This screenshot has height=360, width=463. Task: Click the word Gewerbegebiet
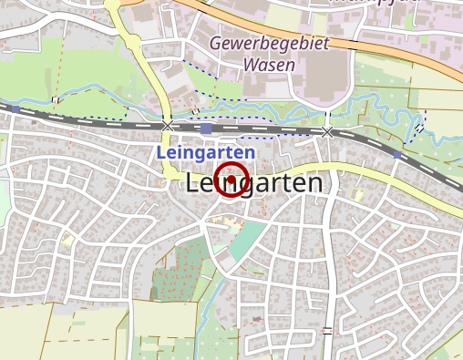[268, 44]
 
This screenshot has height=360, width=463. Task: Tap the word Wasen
[269, 66]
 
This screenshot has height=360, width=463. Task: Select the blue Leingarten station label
[205, 152]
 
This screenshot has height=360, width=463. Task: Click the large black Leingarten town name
[253, 184]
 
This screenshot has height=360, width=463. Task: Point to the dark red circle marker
[231, 180]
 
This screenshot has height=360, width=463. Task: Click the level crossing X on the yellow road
[168, 124]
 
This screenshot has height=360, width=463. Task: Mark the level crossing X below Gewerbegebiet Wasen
[326, 133]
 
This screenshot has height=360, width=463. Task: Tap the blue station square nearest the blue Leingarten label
[206, 129]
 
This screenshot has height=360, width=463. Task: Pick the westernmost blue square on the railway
[15, 109]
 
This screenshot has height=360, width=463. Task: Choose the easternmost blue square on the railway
[396, 156]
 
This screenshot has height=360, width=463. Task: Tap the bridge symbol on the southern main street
[327, 330]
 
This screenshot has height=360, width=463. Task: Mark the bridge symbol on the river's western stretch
[56, 99]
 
